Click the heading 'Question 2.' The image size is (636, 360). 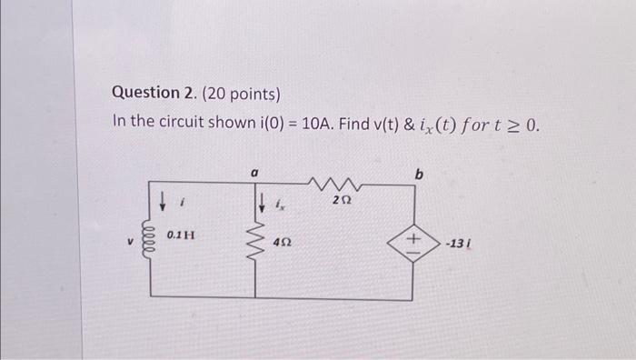pyautogui.click(x=149, y=94)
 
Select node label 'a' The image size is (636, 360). pyautogui.click(x=254, y=169)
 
